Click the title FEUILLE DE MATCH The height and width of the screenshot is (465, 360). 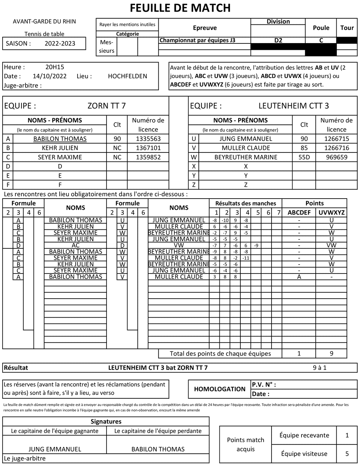[180, 8]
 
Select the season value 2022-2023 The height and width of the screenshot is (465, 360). [60, 43]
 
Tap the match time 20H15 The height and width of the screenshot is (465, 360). [55, 67]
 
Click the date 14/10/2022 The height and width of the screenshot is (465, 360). [49, 76]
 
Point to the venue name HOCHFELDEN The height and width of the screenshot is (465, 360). [127, 76]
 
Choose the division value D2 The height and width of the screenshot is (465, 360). [278, 40]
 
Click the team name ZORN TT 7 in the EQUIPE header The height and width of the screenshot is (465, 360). [106, 106]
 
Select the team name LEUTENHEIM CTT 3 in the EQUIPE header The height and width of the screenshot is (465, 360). [294, 106]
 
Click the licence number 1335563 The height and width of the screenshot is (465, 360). [148, 139]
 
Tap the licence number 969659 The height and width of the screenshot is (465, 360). [336, 157]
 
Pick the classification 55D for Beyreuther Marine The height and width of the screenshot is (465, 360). [304, 157]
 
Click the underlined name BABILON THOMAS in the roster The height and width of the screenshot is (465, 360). [60, 139]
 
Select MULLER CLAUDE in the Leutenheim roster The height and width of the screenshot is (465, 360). [246, 148]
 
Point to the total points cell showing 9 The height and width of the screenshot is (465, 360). [331, 353]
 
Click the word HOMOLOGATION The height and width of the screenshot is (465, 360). [220, 389]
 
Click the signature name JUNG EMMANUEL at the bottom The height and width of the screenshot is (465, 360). [55, 449]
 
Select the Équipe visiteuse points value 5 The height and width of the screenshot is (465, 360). [347, 454]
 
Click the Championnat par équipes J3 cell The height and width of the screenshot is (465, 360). [198, 40]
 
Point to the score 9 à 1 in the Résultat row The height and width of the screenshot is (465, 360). [319, 368]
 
